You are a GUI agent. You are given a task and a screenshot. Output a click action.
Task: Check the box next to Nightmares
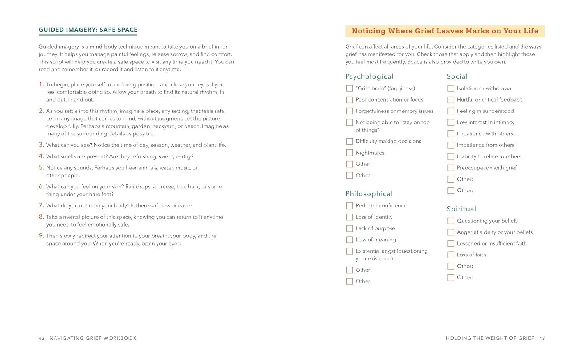tap(349, 153)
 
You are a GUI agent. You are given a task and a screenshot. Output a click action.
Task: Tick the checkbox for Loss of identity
tap(349, 217)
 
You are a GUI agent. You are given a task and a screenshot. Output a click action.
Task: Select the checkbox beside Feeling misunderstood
tap(451, 111)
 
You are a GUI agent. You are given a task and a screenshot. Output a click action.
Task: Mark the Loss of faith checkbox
tap(451, 255)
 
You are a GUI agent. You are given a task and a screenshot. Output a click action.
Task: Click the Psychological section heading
tap(369, 76)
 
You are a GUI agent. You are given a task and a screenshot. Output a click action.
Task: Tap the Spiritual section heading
tap(461, 209)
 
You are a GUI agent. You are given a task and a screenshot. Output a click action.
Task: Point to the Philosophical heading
tap(369, 194)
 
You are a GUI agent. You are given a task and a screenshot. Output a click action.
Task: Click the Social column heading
tap(457, 76)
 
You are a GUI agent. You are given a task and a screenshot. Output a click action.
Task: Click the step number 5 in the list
tap(41, 168)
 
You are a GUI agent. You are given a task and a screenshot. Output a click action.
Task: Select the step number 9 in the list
tap(41, 235)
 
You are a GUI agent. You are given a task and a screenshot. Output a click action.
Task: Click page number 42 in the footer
tap(42, 338)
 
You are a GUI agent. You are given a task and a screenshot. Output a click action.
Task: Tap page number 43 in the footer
tap(542, 338)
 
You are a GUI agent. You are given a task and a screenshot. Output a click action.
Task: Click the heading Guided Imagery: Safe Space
tap(88, 30)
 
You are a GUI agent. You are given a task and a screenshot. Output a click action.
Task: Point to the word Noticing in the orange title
tap(368, 31)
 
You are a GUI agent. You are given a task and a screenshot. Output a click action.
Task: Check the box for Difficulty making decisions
tap(349, 141)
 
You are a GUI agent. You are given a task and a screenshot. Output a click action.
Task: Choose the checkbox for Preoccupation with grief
tap(451, 168)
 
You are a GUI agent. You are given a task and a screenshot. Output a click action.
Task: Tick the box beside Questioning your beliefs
tap(451, 221)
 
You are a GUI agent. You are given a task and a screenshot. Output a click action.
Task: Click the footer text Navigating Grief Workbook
tap(93, 338)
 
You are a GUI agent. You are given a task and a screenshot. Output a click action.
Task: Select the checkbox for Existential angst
tap(349, 251)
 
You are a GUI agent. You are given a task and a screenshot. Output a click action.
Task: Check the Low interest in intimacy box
tap(451, 122)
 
